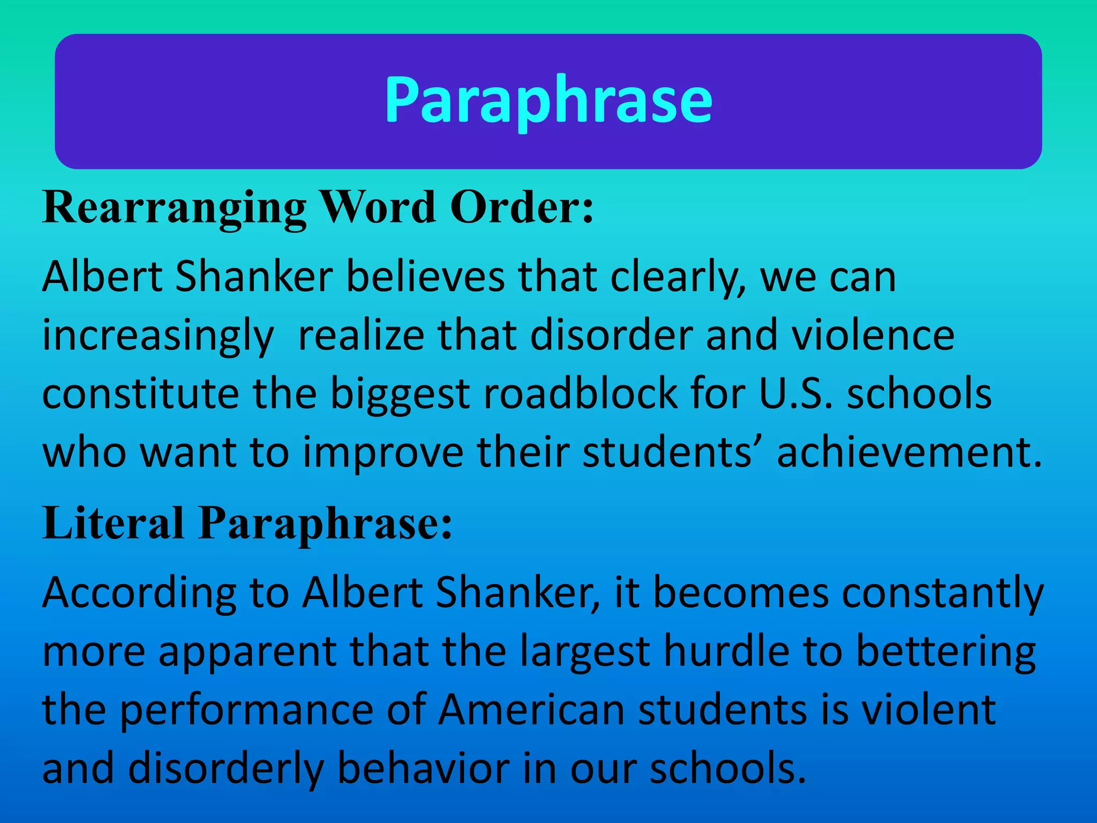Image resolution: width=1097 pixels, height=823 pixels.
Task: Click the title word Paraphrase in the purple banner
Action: pyautogui.click(x=548, y=100)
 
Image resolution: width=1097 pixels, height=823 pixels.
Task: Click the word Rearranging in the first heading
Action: pyautogui.click(x=175, y=208)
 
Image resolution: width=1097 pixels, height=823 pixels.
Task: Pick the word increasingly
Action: pyautogui.click(x=158, y=336)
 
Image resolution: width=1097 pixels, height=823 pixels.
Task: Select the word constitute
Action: pyautogui.click(x=140, y=394)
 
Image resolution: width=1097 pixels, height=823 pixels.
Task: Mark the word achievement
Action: pyautogui.click(x=910, y=452)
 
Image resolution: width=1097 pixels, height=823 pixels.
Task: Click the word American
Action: pyautogui.click(x=531, y=710)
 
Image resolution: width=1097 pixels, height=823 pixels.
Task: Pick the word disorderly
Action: pyautogui.click(x=226, y=769)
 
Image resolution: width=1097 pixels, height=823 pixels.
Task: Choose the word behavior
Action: pyautogui.click(x=423, y=769)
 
